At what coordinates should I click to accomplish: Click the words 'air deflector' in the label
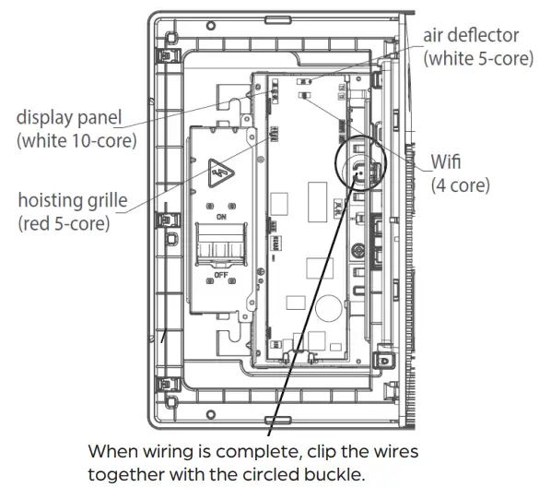click(471, 36)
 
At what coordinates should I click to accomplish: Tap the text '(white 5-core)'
click(477, 57)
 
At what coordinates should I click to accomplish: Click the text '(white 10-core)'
click(76, 140)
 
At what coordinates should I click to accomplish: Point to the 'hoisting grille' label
click(73, 200)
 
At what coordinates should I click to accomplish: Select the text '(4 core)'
click(460, 185)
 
